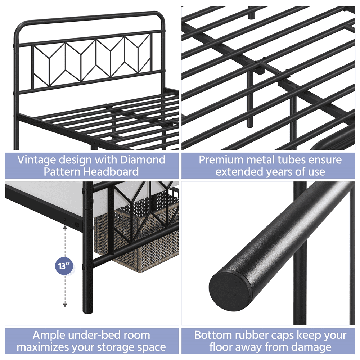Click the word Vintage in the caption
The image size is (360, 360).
pos(37,160)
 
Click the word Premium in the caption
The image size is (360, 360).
pos(221,159)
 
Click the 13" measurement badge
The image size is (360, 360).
pos(64,266)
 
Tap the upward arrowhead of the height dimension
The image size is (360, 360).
pos(65,227)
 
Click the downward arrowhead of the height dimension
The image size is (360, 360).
pos(65,305)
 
